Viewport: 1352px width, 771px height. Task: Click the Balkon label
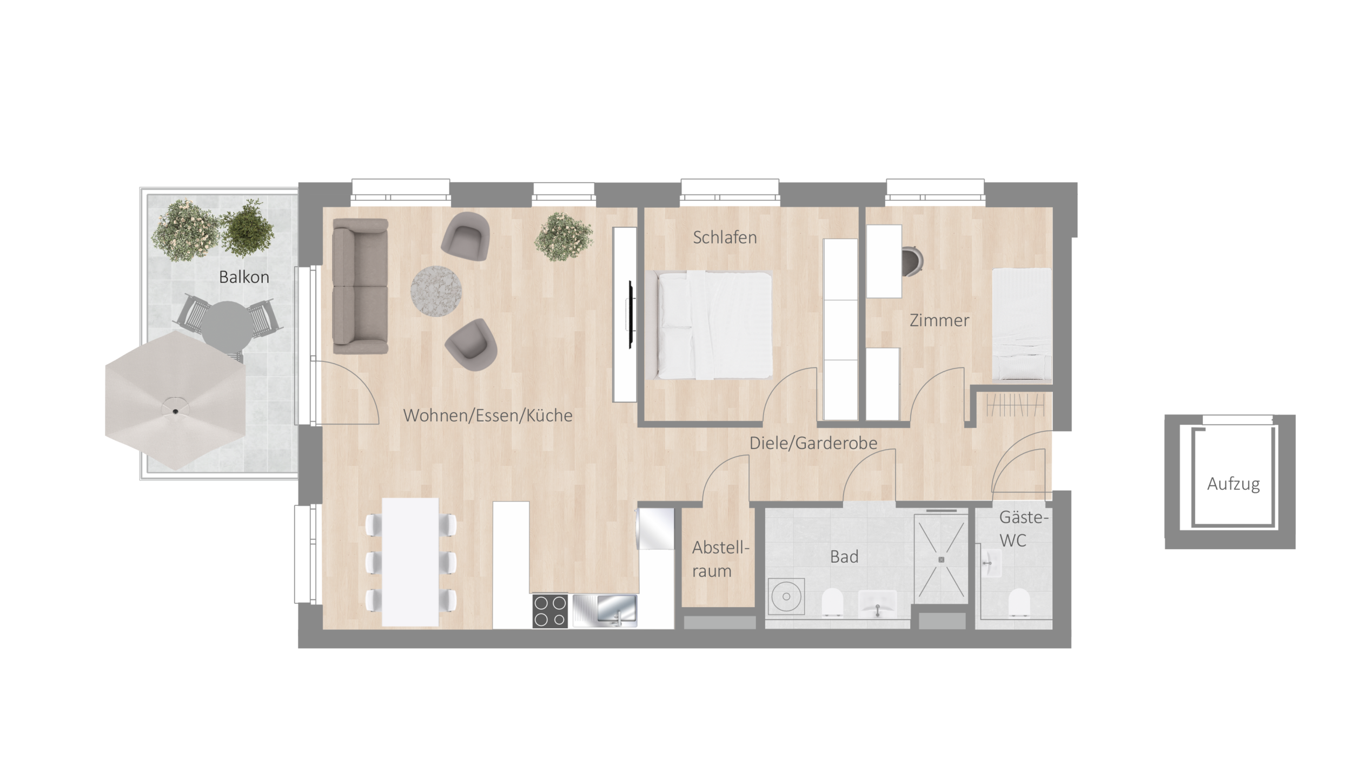coord(244,277)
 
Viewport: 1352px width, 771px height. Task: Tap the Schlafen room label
coord(725,238)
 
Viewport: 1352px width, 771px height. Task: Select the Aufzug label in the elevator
coord(1234,484)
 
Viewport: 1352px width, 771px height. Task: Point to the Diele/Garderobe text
coord(813,443)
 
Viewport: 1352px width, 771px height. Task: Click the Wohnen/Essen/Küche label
coord(488,416)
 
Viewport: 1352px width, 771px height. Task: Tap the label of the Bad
coord(844,557)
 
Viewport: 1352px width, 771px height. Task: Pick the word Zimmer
coord(939,320)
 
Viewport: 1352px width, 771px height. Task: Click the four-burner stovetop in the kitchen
coord(550,611)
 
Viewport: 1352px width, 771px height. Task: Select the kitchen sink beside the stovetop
coord(605,611)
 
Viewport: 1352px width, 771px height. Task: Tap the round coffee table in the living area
coord(436,291)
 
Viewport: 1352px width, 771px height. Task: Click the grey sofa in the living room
coord(360,286)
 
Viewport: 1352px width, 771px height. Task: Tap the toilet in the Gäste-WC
coord(1019,602)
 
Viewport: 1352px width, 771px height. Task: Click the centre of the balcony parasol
coord(176,411)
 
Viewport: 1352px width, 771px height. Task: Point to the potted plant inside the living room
coord(564,237)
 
